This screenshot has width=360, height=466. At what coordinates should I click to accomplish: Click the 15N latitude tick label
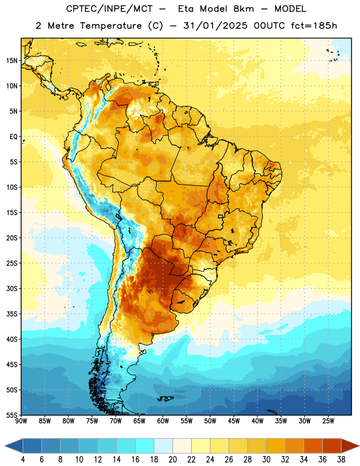pyautogui.click(x=12, y=61)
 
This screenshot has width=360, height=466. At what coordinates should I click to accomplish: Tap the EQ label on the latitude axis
pyautogui.click(x=13, y=137)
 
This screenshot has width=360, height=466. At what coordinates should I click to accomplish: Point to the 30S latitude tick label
pyautogui.click(x=12, y=288)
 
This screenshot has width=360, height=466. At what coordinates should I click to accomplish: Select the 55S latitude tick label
pyautogui.click(x=12, y=415)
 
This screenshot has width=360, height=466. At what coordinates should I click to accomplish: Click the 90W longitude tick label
pyautogui.click(x=22, y=421)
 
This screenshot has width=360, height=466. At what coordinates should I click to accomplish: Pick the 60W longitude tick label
pyautogui.click(x=163, y=421)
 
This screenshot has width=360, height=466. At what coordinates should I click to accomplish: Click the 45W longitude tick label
pyautogui.click(x=234, y=421)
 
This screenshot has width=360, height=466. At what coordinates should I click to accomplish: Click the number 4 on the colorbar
pyautogui.click(x=23, y=460)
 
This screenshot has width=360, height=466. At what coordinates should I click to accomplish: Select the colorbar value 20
pyautogui.click(x=172, y=460)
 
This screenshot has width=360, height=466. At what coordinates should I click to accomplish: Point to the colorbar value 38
pyautogui.click(x=341, y=460)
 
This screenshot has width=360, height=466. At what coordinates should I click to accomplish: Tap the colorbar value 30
pyautogui.click(x=266, y=460)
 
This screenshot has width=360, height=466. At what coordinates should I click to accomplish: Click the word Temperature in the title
pyautogui.click(x=111, y=26)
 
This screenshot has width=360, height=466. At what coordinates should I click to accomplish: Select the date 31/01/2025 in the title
pyautogui.click(x=215, y=26)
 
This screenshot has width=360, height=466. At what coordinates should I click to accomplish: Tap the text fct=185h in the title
pyautogui.click(x=314, y=26)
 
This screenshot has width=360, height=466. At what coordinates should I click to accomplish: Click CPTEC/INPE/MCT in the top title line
pyautogui.click(x=110, y=9)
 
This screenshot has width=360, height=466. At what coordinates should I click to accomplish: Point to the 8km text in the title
pyautogui.click(x=243, y=9)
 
